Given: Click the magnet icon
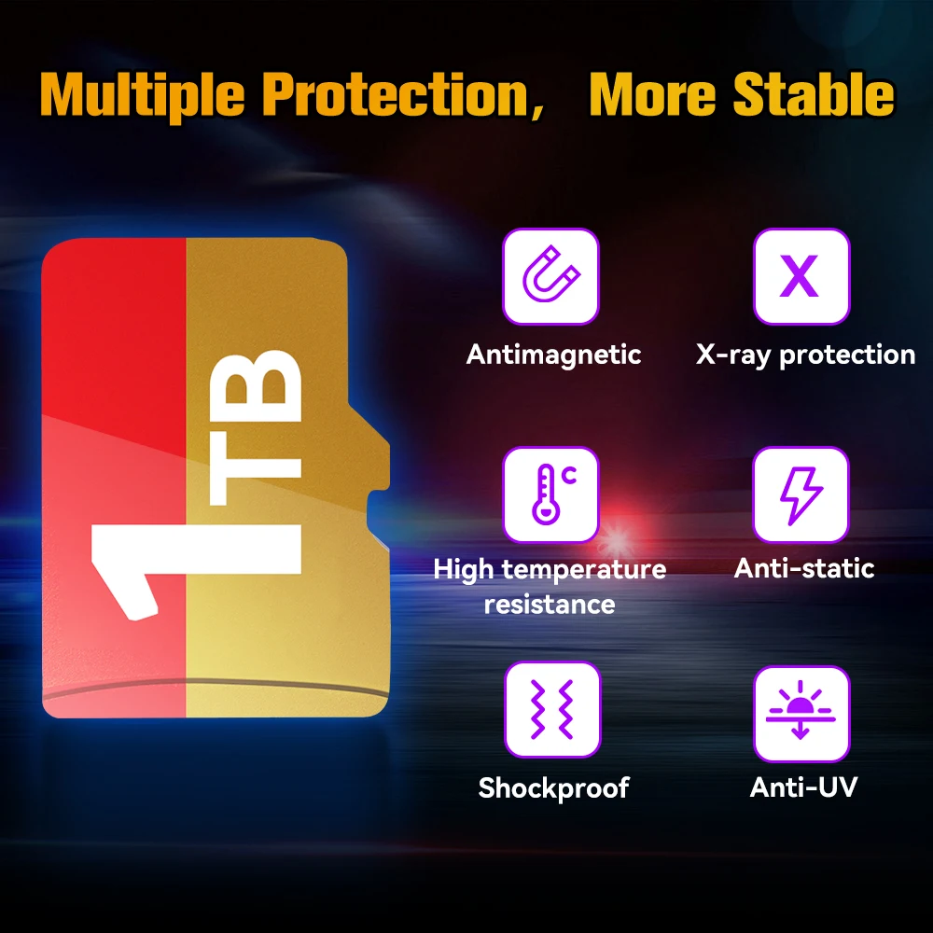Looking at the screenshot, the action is coord(550,275).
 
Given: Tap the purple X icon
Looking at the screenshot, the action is coord(800,275).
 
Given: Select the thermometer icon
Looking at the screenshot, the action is coord(553,494).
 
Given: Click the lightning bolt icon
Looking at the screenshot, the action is coord(801,495).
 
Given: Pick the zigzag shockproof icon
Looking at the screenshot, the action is coord(551,709).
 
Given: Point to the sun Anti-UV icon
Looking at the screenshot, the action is coord(801,710).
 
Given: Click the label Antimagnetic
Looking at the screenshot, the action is coord(553,355).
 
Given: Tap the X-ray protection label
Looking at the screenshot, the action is coord(805,355).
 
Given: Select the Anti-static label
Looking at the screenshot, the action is coord(804,568).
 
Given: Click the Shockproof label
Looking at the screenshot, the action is coord(553,787).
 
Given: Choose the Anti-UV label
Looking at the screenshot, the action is coord(803,787).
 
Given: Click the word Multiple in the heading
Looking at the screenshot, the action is coord(142,96).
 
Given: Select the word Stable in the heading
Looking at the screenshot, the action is coord(814,93).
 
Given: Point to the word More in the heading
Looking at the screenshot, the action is coord(652,94).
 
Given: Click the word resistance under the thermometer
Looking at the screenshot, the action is coord(550,605).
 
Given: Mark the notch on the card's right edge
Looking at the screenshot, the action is coord(377,511).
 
